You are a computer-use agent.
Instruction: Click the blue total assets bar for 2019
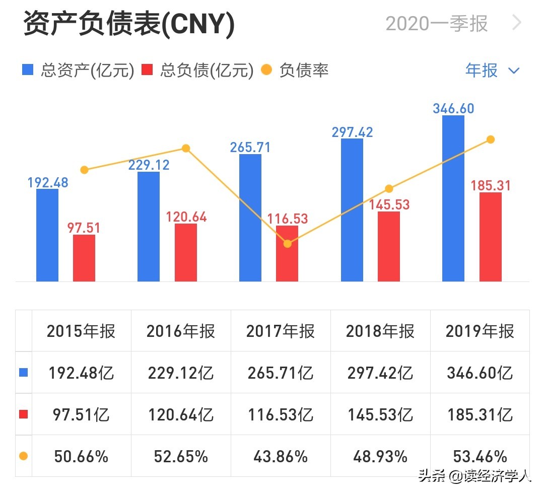[x=453, y=198]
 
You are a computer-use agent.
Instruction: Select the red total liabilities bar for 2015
[x=84, y=258]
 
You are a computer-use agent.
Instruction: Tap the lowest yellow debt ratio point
[x=287, y=244]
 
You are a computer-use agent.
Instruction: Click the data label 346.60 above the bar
[x=453, y=108]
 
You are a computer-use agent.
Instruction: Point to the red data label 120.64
[x=186, y=217]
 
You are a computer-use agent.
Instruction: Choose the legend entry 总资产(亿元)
[x=78, y=70]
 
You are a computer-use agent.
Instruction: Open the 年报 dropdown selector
[x=492, y=70]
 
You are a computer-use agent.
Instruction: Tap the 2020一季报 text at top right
[x=437, y=24]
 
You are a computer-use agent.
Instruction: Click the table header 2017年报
[x=281, y=331]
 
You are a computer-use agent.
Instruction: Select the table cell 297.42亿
[x=380, y=373]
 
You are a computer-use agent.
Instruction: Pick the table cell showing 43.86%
[x=281, y=456]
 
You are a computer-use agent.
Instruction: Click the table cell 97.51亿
[x=81, y=414]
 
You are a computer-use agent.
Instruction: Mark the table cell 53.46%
[x=480, y=456]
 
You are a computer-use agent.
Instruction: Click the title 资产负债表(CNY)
[x=129, y=24]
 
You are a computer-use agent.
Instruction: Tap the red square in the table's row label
[x=23, y=414]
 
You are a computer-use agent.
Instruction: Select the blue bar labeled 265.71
[x=250, y=218]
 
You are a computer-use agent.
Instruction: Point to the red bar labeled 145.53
[x=388, y=246]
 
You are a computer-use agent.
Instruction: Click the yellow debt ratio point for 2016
[x=186, y=148]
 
